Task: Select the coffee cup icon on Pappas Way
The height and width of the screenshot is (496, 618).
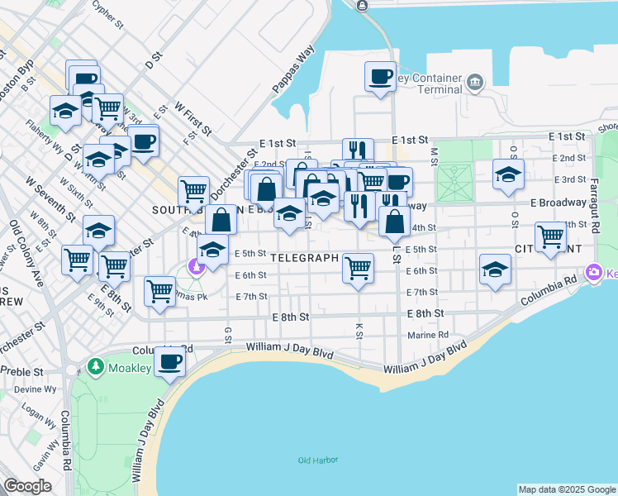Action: [x=380, y=77]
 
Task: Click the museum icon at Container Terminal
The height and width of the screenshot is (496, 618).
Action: [x=474, y=82]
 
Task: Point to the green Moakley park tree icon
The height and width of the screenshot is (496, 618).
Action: [x=96, y=365]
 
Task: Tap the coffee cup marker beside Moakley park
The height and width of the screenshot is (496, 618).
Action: [x=171, y=362]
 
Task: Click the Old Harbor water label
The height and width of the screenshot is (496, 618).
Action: [x=316, y=460]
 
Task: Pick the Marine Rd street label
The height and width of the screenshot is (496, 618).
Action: [x=428, y=336]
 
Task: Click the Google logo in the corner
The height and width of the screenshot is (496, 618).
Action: [x=27, y=486]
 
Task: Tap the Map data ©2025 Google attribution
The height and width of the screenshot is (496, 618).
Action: [x=567, y=489]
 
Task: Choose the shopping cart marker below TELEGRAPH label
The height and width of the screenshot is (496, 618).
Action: [x=359, y=267]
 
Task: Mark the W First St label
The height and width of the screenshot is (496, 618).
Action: [x=194, y=121]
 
